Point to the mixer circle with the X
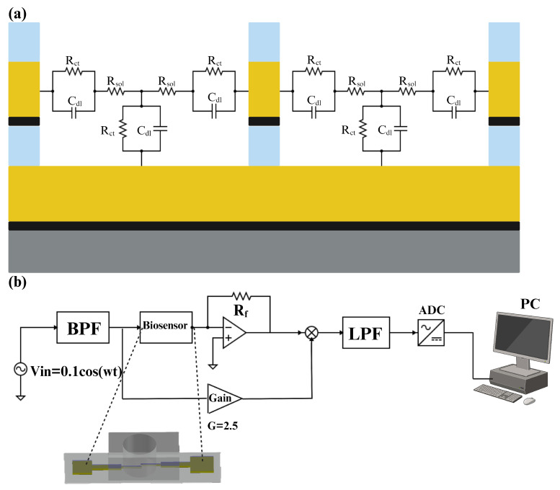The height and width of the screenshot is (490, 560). [x=312, y=332]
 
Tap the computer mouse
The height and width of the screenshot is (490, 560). [x=530, y=400]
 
